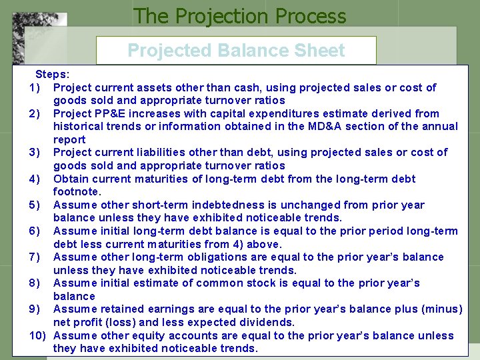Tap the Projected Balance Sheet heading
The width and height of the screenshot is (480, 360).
(x=236, y=51)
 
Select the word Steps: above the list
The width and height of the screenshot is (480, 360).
(x=51, y=75)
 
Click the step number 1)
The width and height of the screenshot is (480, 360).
(x=36, y=87)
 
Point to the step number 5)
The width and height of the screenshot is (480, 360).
(x=36, y=205)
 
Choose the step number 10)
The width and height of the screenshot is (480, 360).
(x=36, y=335)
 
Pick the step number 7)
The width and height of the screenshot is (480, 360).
(x=36, y=257)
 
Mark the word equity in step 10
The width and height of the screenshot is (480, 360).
(x=166, y=335)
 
